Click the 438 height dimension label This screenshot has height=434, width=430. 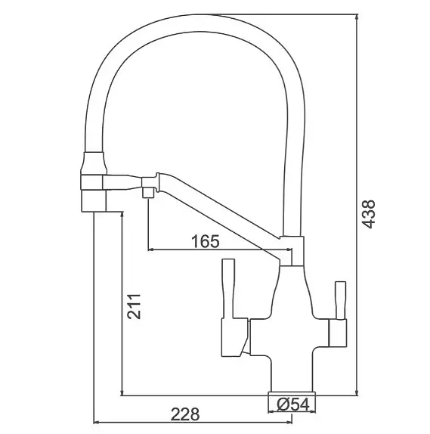pos(369,214)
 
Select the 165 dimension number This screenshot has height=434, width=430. pos(206,241)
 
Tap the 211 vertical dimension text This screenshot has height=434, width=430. pos(134,306)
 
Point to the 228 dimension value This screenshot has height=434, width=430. pos(185,414)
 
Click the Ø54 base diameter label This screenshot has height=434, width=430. pos(292,405)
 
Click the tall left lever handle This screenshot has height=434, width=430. pos(228,288)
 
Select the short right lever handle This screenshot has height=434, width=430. pos(340,300)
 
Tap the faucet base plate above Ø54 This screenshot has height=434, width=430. pos(292,393)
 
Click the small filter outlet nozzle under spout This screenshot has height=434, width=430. pos(148,192)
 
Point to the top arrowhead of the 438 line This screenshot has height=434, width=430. pos(357,17)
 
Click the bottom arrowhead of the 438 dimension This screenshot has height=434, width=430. pos(357,392)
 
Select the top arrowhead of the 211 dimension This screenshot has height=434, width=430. pos(122,215)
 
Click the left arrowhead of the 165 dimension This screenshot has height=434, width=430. pos(151,250)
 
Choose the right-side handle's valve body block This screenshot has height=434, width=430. pos(337,333)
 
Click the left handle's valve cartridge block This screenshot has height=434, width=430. pos(234,337)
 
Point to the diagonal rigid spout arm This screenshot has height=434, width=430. pos(218,213)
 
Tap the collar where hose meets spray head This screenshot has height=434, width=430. pos(94,163)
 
